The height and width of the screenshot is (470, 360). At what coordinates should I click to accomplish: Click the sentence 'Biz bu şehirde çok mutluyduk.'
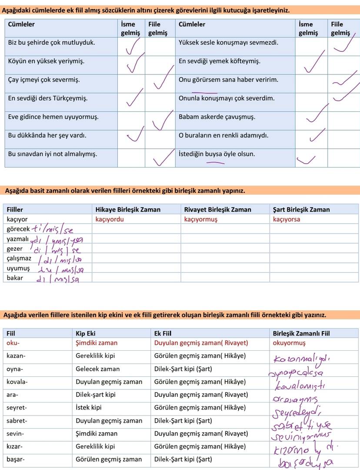(51, 43)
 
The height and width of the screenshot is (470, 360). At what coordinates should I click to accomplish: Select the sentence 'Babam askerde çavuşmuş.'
(217, 117)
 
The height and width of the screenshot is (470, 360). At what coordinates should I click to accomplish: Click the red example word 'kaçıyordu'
(110, 219)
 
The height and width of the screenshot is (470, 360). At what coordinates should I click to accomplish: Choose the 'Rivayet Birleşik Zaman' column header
(218, 209)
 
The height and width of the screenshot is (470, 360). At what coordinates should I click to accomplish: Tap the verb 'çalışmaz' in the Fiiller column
(19, 258)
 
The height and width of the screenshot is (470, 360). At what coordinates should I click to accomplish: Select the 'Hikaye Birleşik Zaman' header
(128, 209)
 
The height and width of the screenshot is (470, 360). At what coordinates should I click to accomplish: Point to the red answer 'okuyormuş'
(289, 343)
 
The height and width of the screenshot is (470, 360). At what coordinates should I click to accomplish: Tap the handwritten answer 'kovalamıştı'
(300, 386)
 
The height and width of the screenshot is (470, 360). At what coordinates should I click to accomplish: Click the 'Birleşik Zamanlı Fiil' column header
(301, 333)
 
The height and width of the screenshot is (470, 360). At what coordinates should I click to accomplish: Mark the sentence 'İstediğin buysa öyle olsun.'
(217, 154)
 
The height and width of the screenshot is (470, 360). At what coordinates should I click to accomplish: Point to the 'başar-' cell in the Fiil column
(16, 459)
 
